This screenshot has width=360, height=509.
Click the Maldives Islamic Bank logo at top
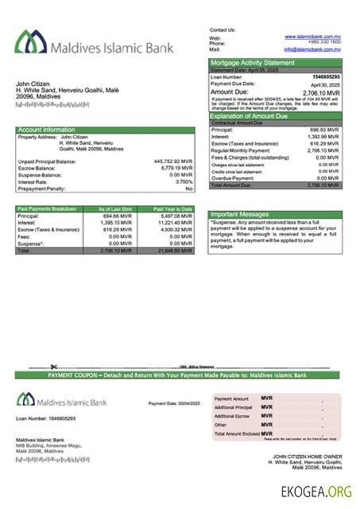coord(94,47)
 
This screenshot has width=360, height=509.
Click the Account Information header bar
coord(48,130)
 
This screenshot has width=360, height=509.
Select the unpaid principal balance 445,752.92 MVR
coord(172,161)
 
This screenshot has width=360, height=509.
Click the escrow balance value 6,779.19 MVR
coord(176,169)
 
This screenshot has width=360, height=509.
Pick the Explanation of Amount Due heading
coord(253,116)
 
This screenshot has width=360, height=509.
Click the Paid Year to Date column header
coord(173,209)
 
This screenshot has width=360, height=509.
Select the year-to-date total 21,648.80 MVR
coord(174,251)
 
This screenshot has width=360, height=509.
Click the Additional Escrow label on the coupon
coord(232,416)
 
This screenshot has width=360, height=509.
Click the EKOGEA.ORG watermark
coord(315,492)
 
